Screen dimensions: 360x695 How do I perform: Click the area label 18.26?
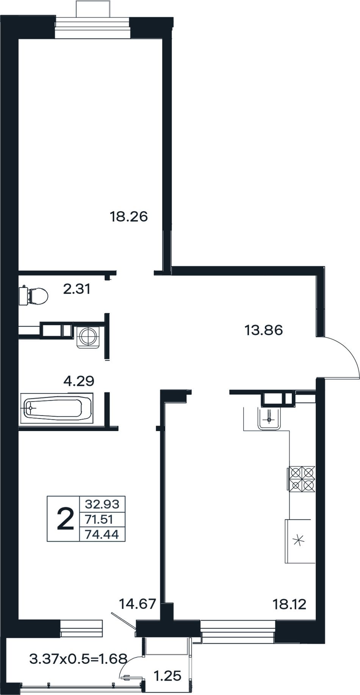(128, 217)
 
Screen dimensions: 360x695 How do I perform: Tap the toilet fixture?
(34, 295)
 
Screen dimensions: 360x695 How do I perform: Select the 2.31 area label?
(77, 289)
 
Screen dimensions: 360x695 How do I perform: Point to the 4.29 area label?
(79, 381)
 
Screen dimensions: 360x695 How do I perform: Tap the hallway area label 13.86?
(264, 330)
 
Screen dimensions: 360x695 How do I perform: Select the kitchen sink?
(269, 418)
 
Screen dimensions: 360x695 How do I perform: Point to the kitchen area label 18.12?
(290, 604)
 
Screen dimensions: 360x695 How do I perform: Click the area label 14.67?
(138, 604)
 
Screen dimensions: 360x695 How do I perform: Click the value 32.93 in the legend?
(102, 504)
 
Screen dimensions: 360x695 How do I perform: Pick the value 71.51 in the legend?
(99, 519)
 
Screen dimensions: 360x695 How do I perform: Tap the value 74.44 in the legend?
(102, 534)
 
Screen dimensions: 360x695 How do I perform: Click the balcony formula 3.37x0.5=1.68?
(78, 659)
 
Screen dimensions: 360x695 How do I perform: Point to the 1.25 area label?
(167, 676)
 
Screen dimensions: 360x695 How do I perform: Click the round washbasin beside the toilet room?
(88, 336)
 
